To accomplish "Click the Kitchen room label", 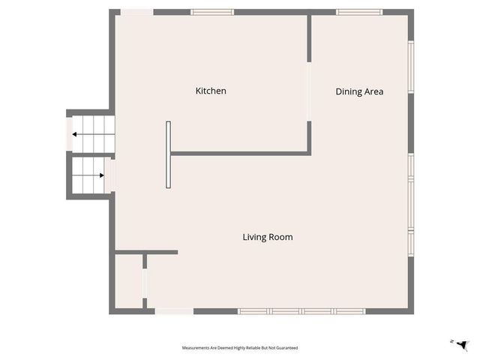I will click(x=211, y=91).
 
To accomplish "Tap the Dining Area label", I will click(x=359, y=91).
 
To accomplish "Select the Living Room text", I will click(x=267, y=237).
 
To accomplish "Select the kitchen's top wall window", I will click(x=212, y=12).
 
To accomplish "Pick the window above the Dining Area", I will click(x=359, y=12).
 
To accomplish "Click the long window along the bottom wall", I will click(x=301, y=311).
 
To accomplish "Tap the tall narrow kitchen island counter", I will click(x=169, y=154).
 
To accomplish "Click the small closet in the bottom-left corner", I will click(x=128, y=281).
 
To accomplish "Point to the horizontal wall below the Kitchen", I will click(x=240, y=154).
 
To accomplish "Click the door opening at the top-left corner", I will click(x=137, y=12).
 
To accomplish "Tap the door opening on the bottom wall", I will click(x=174, y=311).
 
